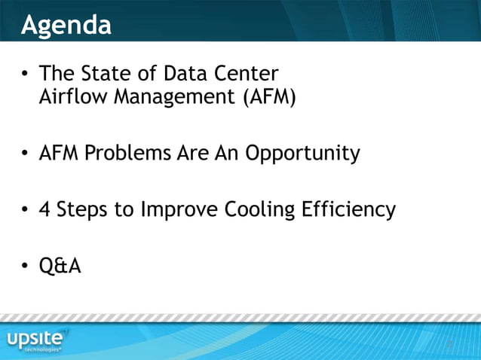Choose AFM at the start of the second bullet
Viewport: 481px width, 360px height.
pyautogui.click(x=59, y=154)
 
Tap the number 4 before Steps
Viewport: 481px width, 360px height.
pyautogui.click(x=45, y=209)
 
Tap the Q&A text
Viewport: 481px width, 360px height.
pyautogui.click(x=60, y=266)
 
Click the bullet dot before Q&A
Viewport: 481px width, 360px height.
pyautogui.click(x=26, y=267)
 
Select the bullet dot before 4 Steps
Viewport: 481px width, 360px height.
pyautogui.click(x=26, y=210)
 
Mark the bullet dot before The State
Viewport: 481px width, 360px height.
pyautogui.click(x=26, y=75)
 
